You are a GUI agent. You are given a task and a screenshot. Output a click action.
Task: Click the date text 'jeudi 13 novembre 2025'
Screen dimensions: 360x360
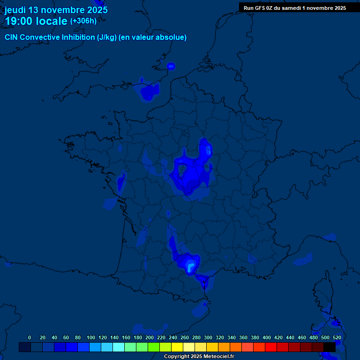(x=56, y=10)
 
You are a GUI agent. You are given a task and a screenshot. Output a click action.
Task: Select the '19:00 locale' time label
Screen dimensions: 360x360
(x=36, y=21)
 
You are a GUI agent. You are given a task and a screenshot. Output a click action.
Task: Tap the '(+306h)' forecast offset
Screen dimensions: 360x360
(x=83, y=21)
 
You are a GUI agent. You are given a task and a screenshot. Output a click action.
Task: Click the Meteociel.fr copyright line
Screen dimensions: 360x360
(x=199, y=356)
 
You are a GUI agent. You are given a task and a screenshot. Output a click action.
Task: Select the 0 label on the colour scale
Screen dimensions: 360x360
(x=30, y=337)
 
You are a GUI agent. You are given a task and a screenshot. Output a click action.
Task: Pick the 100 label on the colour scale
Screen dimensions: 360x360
(x=91, y=337)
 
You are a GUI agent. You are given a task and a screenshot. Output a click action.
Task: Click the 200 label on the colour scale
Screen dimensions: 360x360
(x=150, y=337)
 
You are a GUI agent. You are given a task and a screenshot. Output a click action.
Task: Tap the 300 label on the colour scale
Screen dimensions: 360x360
(x=208, y=337)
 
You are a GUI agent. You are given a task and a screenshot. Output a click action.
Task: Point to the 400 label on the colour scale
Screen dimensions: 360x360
(x=267, y=337)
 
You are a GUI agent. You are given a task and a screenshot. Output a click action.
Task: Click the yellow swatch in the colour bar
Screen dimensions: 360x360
(x=177, y=347)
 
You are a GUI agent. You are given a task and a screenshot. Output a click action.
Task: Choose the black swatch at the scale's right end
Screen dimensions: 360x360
(x=330, y=347)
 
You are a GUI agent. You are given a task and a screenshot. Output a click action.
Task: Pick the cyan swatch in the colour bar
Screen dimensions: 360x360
(x=119, y=347)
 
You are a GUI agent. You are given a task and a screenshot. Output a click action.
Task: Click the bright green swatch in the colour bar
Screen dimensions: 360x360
(x=154, y=347)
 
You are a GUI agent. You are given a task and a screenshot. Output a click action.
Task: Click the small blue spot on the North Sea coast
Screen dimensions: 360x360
(x=171, y=66)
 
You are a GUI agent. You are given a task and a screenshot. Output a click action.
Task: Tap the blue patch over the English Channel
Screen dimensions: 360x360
(x=149, y=91)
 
